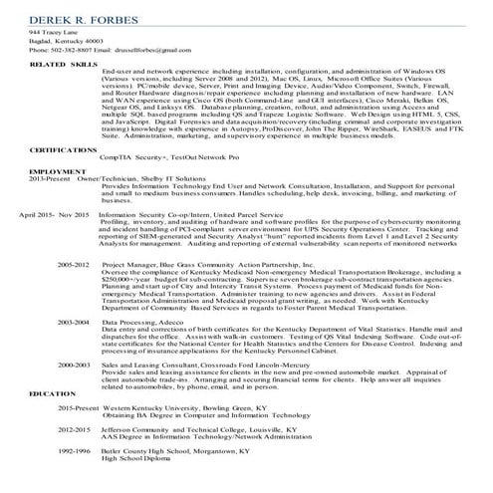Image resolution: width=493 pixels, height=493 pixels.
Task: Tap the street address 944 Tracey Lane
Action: (x=49, y=33)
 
